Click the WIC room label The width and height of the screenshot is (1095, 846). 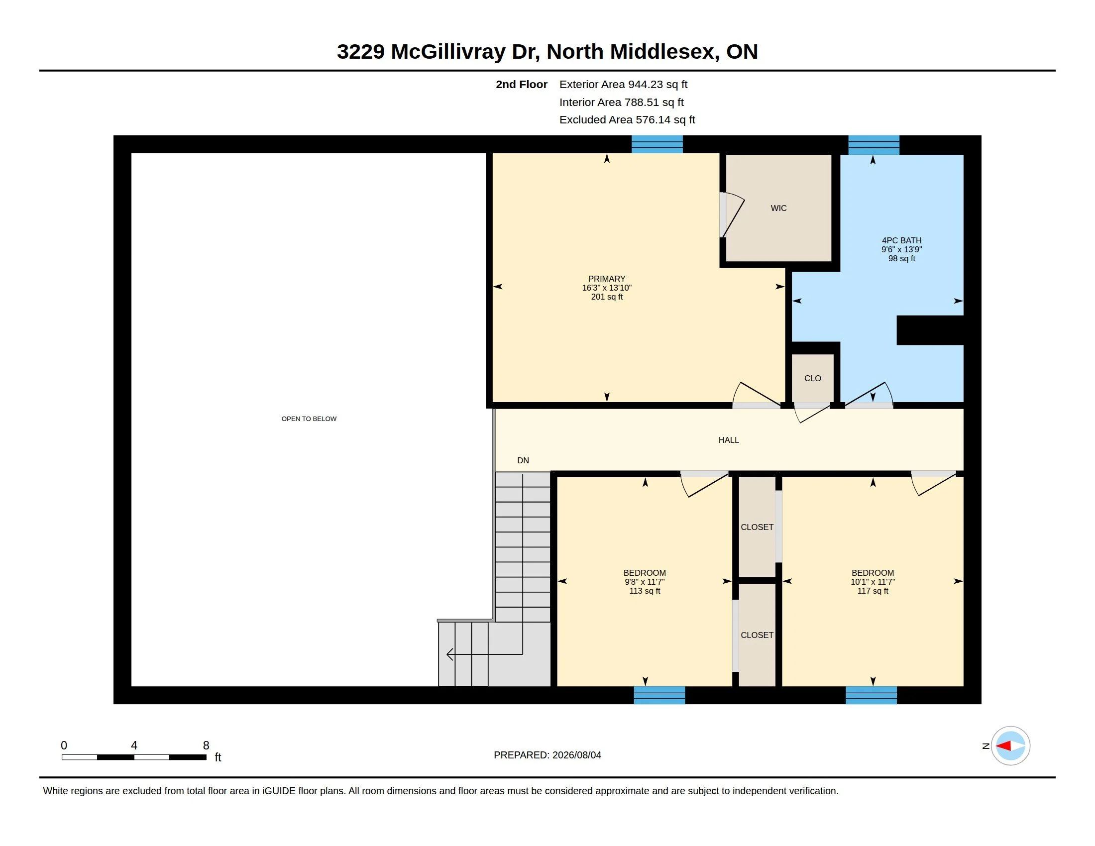point(778,208)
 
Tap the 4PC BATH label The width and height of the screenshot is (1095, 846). point(901,240)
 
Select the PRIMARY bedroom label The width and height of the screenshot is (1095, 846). point(607,279)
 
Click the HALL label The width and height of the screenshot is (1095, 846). point(729,440)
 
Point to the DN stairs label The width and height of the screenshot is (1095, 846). point(523,461)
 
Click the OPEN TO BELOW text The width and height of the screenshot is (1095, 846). point(309,419)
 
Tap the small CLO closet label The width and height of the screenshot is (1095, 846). point(813,378)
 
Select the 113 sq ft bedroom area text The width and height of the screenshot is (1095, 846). point(645,591)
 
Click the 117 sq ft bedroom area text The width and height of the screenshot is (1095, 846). point(873,591)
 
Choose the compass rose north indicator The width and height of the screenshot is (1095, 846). point(1010,746)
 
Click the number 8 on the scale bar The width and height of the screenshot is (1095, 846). point(206,745)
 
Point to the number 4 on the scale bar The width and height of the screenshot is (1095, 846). point(134,745)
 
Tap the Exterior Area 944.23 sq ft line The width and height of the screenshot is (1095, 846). point(623,85)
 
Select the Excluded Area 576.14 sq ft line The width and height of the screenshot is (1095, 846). point(627,120)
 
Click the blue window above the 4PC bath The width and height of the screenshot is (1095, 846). point(874,145)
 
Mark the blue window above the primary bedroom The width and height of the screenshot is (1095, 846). point(657,144)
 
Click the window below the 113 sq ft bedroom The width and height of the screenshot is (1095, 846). point(659,695)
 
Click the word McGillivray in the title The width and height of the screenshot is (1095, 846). point(448,52)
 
